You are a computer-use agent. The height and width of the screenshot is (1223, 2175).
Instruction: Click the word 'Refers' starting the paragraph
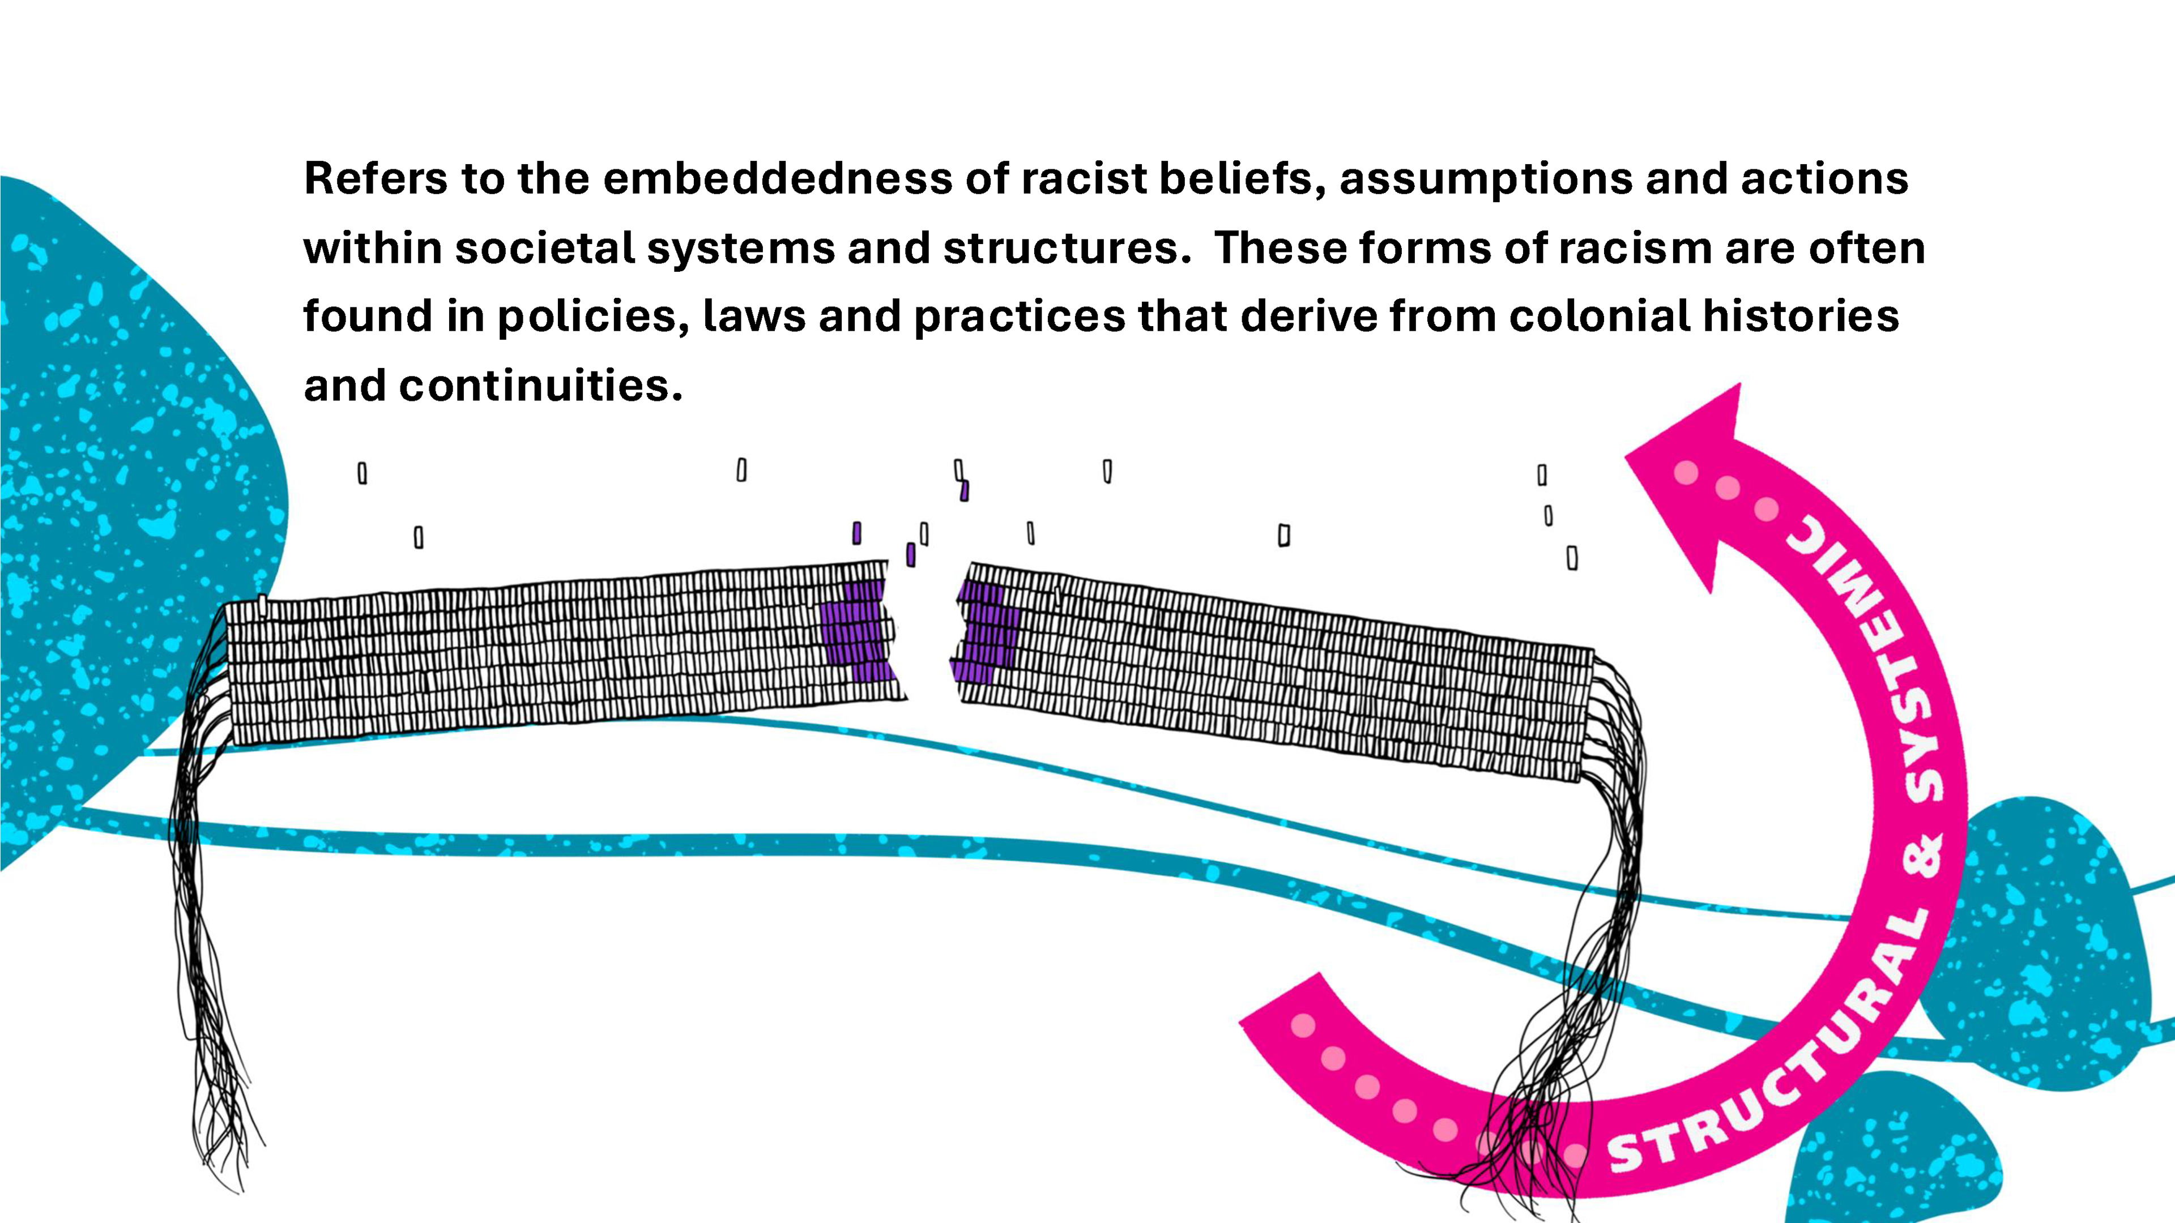(375, 178)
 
